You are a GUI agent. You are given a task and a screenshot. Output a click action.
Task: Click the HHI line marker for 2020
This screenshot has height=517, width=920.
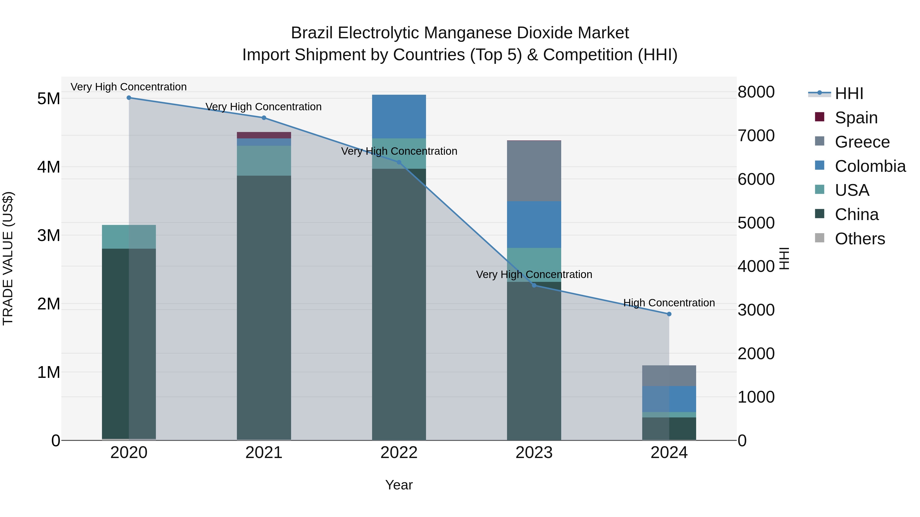click(129, 98)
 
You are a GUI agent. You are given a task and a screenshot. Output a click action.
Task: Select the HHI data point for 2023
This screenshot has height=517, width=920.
click(534, 285)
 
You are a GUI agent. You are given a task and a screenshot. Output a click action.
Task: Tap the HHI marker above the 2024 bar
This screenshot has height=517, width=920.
click(669, 314)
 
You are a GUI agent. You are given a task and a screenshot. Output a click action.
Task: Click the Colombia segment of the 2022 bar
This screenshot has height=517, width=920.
click(399, 116)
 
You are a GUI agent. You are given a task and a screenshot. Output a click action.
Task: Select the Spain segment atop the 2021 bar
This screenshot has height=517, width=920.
click(264, 135)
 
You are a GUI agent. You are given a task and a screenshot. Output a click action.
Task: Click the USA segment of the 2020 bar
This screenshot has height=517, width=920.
click(129, 237)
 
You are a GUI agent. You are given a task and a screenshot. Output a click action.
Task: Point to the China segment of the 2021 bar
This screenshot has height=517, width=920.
click(264, 307)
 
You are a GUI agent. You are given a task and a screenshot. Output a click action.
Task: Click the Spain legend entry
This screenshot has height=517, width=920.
click(856, 118)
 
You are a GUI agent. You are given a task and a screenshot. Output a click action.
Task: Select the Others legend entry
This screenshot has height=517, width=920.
click(860, 239)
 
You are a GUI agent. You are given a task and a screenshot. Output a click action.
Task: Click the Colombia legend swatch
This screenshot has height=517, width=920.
click(820, 165)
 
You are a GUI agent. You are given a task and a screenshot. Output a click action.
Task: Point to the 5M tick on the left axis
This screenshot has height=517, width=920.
click(49, 99)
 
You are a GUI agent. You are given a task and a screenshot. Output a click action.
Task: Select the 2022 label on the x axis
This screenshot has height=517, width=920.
click(399, 453)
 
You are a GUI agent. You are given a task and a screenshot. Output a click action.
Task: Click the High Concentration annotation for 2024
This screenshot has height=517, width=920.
click(669, 303)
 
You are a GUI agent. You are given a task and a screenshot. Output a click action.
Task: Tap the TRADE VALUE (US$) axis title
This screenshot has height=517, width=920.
click(8, 258)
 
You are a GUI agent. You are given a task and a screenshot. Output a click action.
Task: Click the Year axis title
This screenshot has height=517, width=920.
click(399, 485)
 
